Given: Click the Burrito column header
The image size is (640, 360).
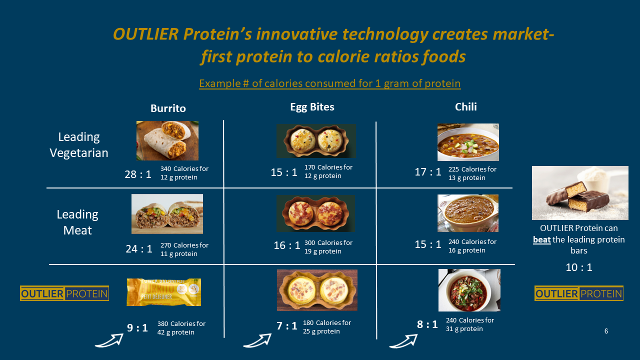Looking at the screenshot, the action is [x=168, y=108].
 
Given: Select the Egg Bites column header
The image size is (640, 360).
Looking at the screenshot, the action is [x=312, y=107].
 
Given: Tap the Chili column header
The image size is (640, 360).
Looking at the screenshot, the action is [x=465, y=107].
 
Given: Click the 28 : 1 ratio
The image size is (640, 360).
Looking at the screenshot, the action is [x=138, y=174].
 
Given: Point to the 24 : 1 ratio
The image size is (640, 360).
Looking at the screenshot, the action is [x=139, y=249].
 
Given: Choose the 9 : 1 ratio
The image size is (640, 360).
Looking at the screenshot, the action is [x=137, y=327].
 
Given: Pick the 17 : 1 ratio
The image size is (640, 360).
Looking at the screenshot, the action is [x=428, y=172].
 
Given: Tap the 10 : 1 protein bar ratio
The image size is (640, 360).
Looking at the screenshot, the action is [x=579, y=267].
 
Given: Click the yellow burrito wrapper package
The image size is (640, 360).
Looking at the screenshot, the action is [x=163, y=292].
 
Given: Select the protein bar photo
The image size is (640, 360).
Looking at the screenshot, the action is [x=580, y=193].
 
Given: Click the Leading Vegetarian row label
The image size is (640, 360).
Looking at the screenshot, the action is [x=79, y=145].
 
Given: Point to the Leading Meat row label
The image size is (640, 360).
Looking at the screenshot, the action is [x=77, y=222].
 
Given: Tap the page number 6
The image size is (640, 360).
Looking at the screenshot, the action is [x=606, y=331].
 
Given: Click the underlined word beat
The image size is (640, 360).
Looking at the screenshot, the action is [x=541, y=239].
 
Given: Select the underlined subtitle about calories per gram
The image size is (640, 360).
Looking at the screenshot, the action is [x=329, y=83].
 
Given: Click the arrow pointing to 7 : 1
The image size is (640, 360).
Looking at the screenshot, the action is [x=257, y=340].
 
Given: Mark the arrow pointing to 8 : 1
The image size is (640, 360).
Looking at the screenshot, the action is [x=403, y=341].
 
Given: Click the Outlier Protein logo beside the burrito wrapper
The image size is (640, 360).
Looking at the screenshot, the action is [x=64, y=293].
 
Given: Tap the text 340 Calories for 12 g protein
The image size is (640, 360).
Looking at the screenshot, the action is [x=184, y=173].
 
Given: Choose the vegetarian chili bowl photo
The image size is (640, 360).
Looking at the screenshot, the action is [x=468, y=142].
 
